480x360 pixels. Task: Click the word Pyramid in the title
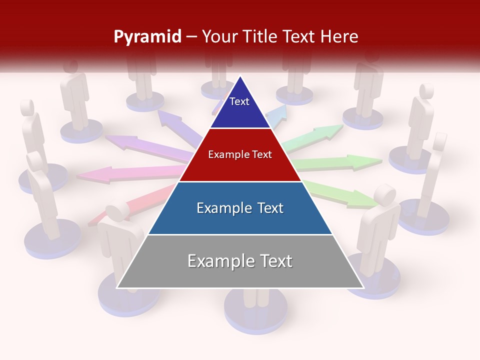tap(147, 37)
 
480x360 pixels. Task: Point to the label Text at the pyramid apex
tap(239, 101)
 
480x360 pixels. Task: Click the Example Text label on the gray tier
tap(240, 261)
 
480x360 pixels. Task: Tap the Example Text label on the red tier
tap(240, 154)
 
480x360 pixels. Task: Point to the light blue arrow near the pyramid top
tap(276, 114)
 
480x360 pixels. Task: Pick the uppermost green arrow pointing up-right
tap(315, 136)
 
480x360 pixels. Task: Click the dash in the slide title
tap(191, 37)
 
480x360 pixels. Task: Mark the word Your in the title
tap(217, 36)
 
